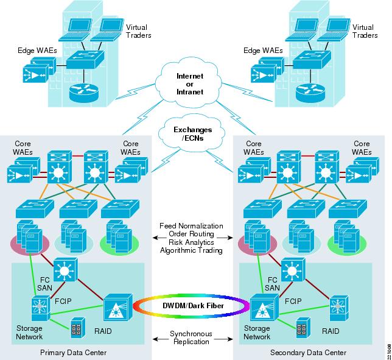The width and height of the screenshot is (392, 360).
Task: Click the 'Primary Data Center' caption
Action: pos(74,353)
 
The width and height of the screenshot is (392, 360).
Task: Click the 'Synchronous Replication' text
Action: pos(192,338)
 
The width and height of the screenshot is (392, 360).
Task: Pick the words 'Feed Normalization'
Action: pos(192,227)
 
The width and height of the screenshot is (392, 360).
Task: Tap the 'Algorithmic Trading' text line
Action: pos(192,250)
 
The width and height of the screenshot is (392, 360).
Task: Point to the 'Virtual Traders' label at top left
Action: pos(138,32)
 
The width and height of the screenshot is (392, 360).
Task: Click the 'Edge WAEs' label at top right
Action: pos(263,51)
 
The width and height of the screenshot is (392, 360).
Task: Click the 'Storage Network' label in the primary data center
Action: pos(29,332)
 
